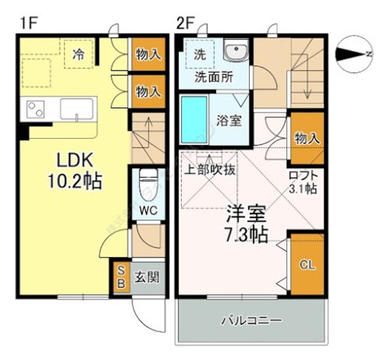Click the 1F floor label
[x=28, y=24]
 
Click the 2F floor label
[x=186, y=24]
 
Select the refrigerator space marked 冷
[x=78, y=54]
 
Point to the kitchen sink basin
[x=76, y=110]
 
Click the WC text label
[x=148, y=211]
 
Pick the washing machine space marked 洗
[x=200, y=53]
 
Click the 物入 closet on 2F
[x=306, y=138]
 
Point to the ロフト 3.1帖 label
[x=302, y=182]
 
